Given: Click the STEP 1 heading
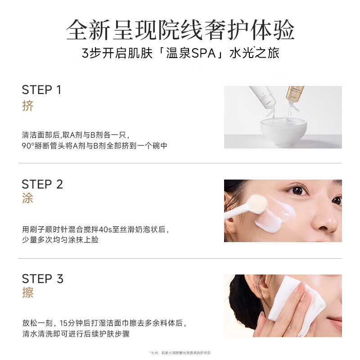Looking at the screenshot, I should [41, 90].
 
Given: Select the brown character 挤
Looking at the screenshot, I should [28, 106].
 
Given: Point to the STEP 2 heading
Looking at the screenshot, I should [42, 184].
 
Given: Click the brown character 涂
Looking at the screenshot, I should [28, 198].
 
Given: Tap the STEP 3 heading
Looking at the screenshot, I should [42, 279].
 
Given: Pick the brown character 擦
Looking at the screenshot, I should [28, 293].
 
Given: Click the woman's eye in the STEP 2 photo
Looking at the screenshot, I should [297, 190].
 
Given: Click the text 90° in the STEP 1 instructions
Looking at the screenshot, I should [28, 146].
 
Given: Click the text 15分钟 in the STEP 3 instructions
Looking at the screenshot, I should [73, 323].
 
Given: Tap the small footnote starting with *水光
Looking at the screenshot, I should [180, 353].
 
